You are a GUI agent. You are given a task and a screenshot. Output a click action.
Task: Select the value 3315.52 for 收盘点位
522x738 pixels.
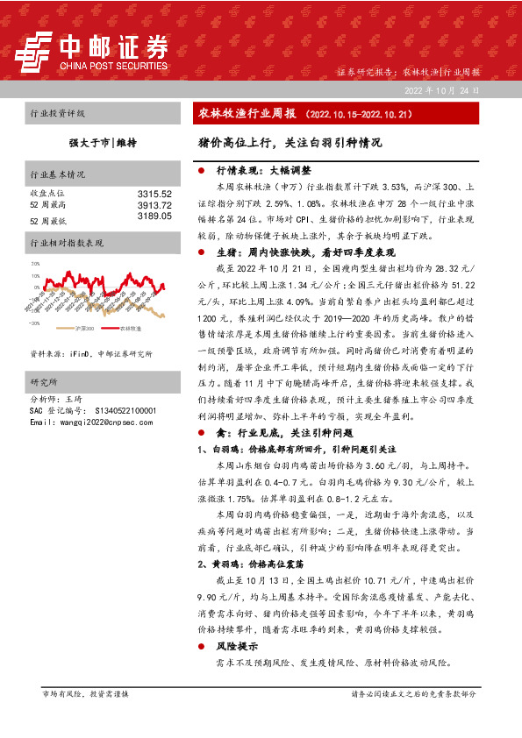[154, 193]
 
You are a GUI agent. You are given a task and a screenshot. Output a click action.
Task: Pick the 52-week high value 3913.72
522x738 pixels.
[154, 204]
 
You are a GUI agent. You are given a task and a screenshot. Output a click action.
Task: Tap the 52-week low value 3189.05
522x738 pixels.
[154, 216]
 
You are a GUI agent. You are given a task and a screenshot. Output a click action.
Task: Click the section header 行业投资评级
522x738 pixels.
[58, 114]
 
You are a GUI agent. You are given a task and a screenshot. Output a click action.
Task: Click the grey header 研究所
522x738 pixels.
[45, 358]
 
